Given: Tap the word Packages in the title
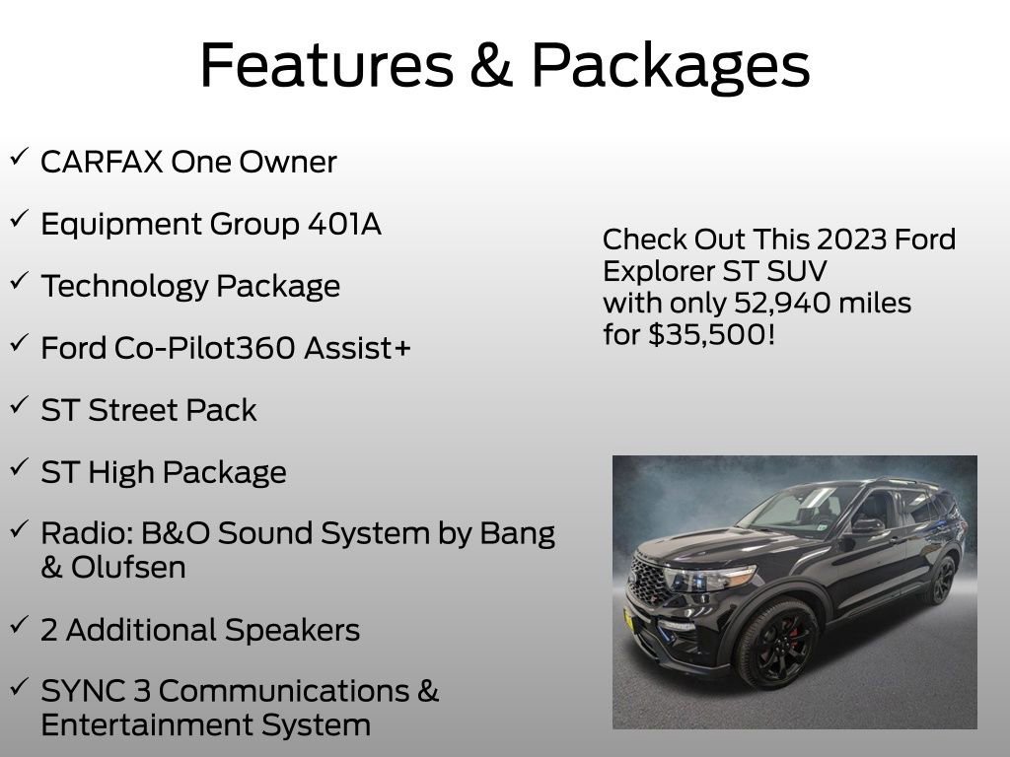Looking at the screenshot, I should (671, 67).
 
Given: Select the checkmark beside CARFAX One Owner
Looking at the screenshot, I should (19, 158).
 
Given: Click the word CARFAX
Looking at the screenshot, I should (101, 162).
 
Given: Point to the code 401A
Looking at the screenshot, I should (343, 224).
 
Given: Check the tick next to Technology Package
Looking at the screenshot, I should (19, 282).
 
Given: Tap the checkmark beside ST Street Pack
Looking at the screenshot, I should (19, 405).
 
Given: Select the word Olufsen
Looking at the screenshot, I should (128, 569).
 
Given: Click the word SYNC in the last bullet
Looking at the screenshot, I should (78, 691).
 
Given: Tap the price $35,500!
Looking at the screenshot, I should (711, 334).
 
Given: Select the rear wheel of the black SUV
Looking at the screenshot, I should (941, 582).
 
